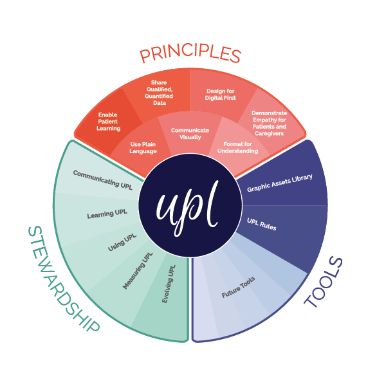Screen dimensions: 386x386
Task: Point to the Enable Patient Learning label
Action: coord(108,122)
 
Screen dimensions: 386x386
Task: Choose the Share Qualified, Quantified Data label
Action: coord(159,93)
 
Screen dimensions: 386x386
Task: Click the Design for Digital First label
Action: coord(220,95)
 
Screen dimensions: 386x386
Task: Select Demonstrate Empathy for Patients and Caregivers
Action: coord(270,123)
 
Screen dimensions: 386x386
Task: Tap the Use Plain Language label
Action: coord(143,148)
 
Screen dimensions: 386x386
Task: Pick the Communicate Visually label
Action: coord(190,134)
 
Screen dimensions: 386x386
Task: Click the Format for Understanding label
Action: coord(238,147)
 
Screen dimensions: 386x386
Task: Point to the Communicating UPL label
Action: coord(103,180)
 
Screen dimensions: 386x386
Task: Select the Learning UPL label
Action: coord(107,214)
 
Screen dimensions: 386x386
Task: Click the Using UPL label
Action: coord(122,243)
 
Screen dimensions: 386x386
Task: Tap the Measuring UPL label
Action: coord(138,271)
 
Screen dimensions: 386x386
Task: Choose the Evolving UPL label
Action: coord(169,284)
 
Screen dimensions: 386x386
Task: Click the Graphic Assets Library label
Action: coord(280,183)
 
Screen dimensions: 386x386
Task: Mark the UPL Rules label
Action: coord(262,225)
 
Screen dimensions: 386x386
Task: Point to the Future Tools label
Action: coord(238,287)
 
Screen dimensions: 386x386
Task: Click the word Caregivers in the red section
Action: coord(270,133)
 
